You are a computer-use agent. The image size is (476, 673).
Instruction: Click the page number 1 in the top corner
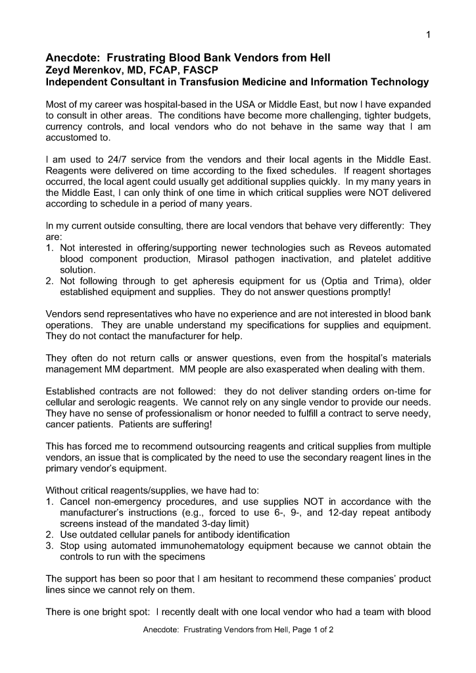click(428, 34)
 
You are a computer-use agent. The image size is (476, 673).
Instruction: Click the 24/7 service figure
click(107, 160)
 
